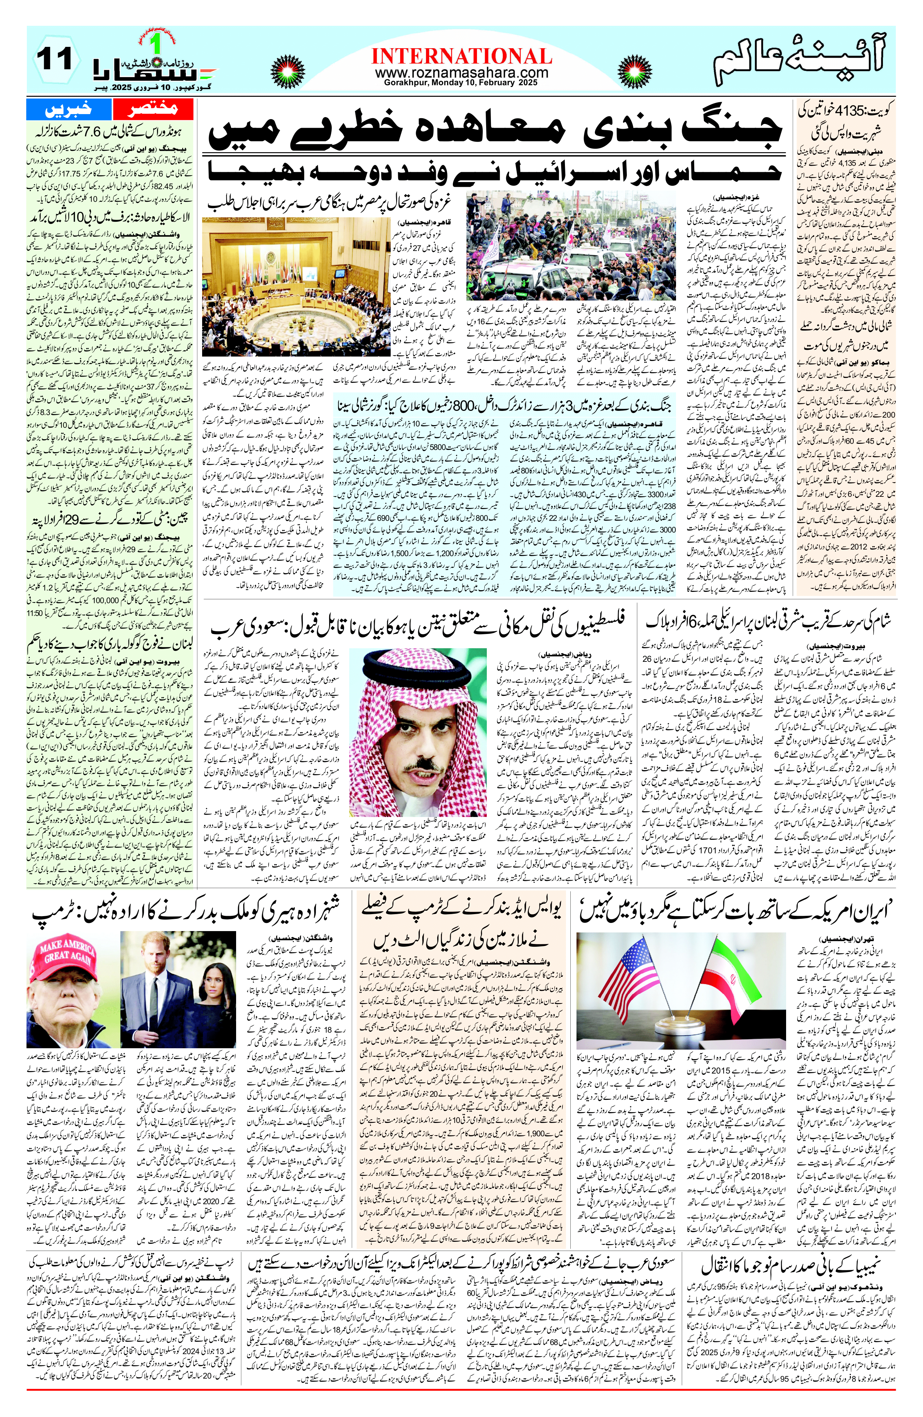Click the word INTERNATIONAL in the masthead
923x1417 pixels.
pos(461,57)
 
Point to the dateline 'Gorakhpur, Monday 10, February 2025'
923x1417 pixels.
pos(461,83)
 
